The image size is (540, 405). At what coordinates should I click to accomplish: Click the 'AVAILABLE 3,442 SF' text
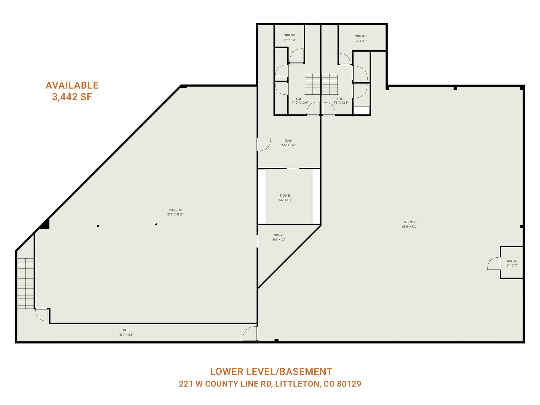pyautogui.click(x=72, y=91)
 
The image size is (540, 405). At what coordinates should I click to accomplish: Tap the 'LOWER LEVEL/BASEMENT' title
pyautogui.click(x=271, y=372)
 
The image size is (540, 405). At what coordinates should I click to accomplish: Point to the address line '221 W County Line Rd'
pyautogui.click(x=270, y=384)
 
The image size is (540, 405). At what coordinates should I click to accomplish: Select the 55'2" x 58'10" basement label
pyautogui.click(x=175, y=212)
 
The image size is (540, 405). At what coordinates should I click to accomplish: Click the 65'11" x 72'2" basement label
pyautogui.click(x=410, y=224)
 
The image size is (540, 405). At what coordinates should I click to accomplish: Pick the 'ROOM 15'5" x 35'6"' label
pyautogui.click(x=288, y=143)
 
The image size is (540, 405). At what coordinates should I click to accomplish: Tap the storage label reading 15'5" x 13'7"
pyautogui.click(x=285, y=198)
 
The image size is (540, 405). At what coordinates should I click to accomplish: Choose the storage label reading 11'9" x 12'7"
pyautogui.click(x=279, y=237)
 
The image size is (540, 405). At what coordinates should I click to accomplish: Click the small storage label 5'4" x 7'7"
pyautogui.click(x=512, y=263)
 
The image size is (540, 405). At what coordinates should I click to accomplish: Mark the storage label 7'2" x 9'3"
pyautogui.click(x=290, y=38)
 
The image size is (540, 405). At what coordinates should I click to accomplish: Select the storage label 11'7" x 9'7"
pyautogui.click(x=360, y=38)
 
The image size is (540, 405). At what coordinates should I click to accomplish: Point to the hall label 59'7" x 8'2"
pyautogui.click(x=126, y=332)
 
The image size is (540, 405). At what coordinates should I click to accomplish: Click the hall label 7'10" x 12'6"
pyautogui.click(x=300, y=101)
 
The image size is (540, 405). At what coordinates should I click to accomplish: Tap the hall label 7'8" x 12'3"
pyautogui.click(x=341, y=101)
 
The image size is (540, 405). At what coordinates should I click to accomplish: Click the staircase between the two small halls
pyautogui.click(x=321, y=84)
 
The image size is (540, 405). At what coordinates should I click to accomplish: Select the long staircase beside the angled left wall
pyautogui.click(x=26, y=283)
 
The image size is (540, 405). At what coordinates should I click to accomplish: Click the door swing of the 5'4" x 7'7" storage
pyautogui.click(x=494, y=264)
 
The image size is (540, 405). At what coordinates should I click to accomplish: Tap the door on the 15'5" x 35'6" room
pyautogui.click(x=264, y=144)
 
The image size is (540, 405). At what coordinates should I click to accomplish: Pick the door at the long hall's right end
pyautogui.click(x=250, y=334)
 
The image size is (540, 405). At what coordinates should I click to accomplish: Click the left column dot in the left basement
pyautogui.click(x=98, y=226)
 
